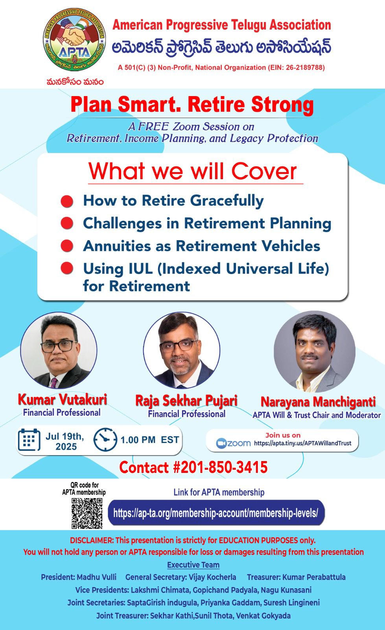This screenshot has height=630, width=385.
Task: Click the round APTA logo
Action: (74, 39)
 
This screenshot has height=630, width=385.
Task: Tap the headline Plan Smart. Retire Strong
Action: (192, 105)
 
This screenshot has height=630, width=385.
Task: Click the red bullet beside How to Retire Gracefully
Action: (67, 201)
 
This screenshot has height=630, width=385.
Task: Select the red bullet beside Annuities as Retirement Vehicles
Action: (67, 246)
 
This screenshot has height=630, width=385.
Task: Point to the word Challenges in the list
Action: (122, 224)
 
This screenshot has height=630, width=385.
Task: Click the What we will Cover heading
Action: (193, 171)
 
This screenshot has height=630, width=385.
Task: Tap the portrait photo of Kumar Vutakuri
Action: (59, 350)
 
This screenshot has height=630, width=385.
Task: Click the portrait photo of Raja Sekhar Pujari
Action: (182, 350)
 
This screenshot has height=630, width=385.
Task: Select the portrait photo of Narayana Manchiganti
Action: (315, 352)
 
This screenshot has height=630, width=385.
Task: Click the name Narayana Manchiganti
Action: (318, 402)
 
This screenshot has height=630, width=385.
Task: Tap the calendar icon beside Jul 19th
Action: (29, 439)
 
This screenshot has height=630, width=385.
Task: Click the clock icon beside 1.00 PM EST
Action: (105, 439)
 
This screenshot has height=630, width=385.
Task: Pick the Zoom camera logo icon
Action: (221, 443)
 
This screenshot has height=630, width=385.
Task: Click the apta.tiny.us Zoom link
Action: (303, 443)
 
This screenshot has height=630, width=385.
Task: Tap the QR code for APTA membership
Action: (87, 513)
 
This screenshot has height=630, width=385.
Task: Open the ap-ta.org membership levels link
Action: (216, 513)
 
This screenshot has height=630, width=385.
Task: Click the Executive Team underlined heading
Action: (193, 565)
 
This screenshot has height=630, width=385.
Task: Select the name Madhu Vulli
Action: (96, 577)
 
